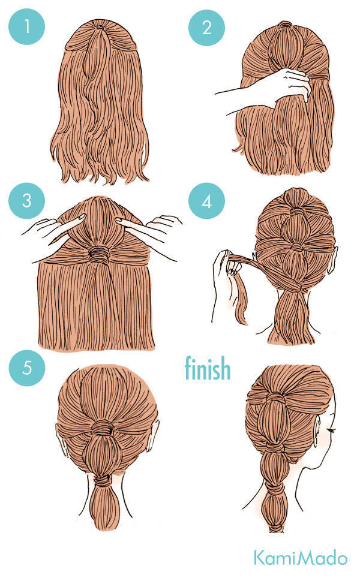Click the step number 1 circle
point(26,26)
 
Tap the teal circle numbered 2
point(206,28)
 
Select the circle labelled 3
point(26,200)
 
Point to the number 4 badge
point(206,201)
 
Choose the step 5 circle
point(27,368)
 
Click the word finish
point(208,368)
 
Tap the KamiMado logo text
point(301,558)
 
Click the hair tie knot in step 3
point(98,254)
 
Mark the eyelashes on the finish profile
point(331,430)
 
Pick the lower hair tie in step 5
point(101,481)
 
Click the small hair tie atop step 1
point(100,28)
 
